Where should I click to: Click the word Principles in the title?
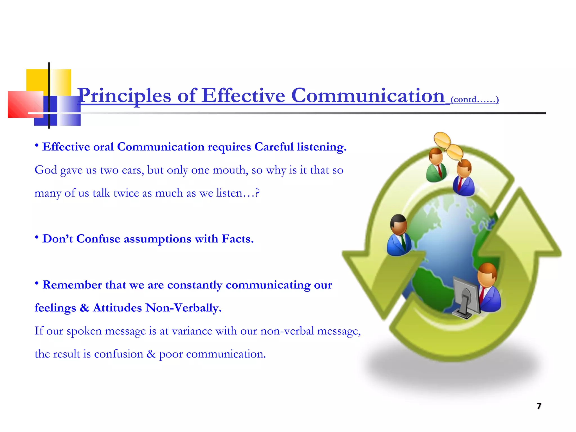click(124, 96)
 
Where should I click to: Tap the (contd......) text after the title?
click(474, 99)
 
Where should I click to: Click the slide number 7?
click(539, 406)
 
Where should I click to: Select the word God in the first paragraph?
click(46, 170)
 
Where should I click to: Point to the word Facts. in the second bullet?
click(237, 239)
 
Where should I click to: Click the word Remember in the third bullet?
click(72, 285)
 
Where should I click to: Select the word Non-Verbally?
click(183, 308)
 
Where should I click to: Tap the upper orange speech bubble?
click(442, 140)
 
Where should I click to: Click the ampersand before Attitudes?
click(84, 308)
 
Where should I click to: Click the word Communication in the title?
click(368, 96)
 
